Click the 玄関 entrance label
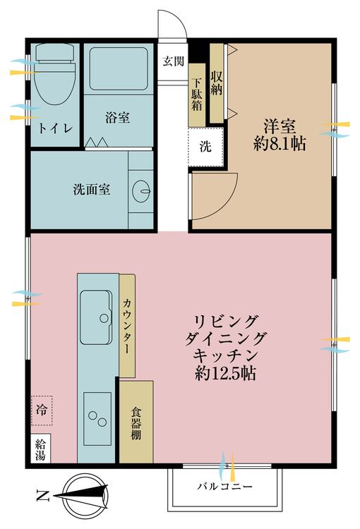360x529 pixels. click(x=173, y=61)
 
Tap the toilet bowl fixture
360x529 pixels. click(x=54, y=74)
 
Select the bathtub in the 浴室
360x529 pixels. click(x=119, y=68)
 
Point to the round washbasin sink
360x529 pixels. click(x=141, y=191)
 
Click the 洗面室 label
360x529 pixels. click(x=92, y=189)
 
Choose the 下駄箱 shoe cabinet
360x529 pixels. click(x=197, y=95)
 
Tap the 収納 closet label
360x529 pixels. click(x=217, y=83)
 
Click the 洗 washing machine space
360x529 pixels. click(x=205, y=147)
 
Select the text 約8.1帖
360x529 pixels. click(x=280, y=144)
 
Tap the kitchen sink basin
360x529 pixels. click(x=96, y=317)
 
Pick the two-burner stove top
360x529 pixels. click(x=97, y=419)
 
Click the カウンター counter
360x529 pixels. click(x=127, y=326)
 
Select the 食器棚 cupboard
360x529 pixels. click(x=136, y=422)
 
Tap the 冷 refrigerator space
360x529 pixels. click(x=42, y=411)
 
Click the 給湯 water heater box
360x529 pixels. click(x=40, y=449)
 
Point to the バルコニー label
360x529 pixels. click(x=224, y=487)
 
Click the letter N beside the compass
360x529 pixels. click(x=43, y=496)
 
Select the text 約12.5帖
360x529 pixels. click(x=225, y=373)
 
